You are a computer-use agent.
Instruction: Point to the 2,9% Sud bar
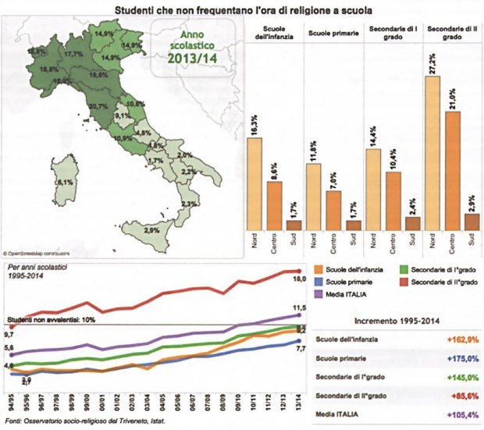471,222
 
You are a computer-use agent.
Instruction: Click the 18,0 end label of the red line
297,277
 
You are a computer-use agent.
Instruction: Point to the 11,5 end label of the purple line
297,309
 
